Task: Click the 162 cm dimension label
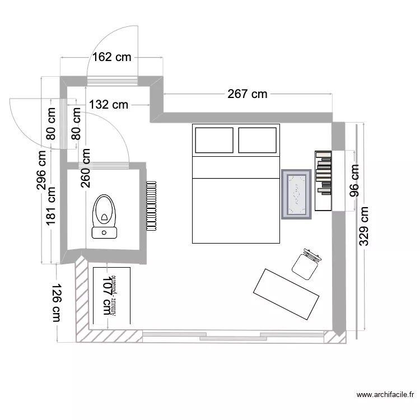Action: click(111, 57)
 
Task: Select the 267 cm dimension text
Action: click(248, 94)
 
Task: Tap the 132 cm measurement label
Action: click(109, 104)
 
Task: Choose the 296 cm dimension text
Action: click(42, 171)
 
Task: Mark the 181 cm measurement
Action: click(52, 206)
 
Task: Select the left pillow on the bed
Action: click(213, 140)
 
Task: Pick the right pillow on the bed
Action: click(258, 140)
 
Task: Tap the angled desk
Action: click(286, 294)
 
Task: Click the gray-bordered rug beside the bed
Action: click(296, 194)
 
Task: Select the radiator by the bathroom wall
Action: click(151, 206)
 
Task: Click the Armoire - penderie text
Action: click(114, 296)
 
